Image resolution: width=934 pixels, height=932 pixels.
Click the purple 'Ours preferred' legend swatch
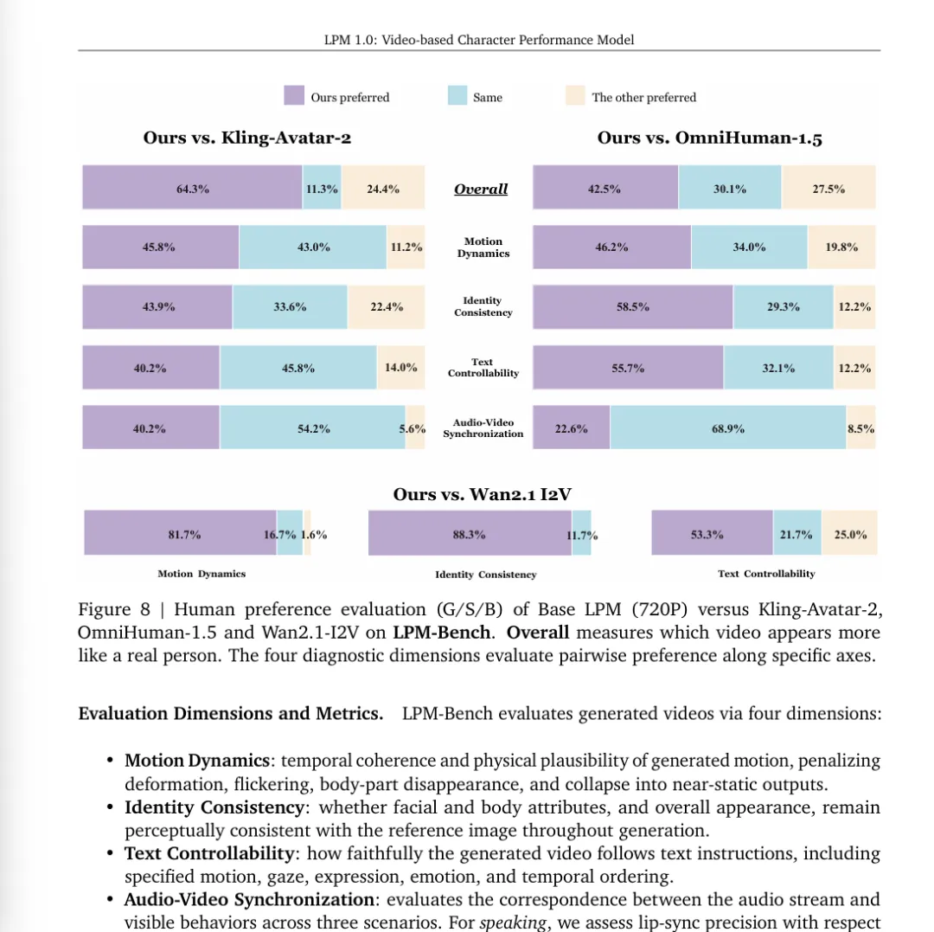[294, 95]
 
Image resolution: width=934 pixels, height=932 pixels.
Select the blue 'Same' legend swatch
[457, 95]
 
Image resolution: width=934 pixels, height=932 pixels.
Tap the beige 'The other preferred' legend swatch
[575, 95]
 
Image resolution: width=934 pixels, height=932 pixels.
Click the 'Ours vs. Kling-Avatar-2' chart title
[247, 138]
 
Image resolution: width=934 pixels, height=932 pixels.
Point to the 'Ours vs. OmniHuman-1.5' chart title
[709, 138]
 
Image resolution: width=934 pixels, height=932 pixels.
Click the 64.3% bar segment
[192, 188]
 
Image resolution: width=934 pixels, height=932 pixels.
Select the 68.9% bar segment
[728, 427]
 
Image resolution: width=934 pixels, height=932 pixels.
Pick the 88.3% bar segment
[469, 533]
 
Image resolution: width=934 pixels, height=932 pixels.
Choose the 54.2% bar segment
[312, 427]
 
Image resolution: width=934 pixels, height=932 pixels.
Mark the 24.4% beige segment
[384, 188]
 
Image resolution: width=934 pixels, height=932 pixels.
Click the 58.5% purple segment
[633, 306]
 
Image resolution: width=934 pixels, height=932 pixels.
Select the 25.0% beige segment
[849, 533]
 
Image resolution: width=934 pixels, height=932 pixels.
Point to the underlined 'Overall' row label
[481, 189]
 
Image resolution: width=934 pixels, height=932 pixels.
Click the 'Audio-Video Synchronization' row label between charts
[483, 428]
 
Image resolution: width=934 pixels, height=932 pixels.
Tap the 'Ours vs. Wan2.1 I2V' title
[482, 494]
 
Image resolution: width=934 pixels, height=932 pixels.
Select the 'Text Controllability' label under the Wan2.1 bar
[765, 574]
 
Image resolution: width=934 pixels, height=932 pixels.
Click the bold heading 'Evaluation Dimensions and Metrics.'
[231, 714]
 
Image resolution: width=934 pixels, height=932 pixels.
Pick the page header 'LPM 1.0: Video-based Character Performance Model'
[479, 40]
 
